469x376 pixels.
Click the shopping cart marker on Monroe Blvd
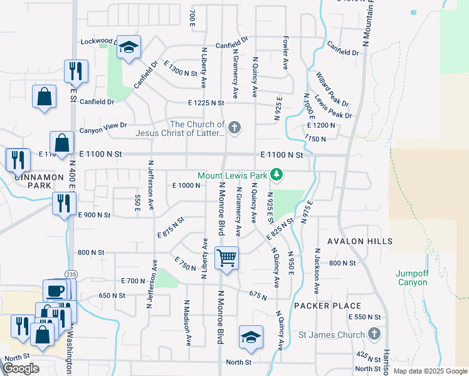[x=226, y=257]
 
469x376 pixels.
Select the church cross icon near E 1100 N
[x=234, y=128]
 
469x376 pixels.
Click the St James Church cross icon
[x=374, y=333]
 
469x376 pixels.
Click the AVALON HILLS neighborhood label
[x=361, y=241]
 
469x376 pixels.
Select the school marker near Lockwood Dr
[x=129, y=48]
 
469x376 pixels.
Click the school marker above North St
[x=251, y=338]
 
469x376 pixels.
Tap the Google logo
[x=21, y=368]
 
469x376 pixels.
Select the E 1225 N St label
[x=206, y=103]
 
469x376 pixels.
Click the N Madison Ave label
[x=187, y=321]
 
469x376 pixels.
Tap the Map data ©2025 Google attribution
[x=430, y=371]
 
